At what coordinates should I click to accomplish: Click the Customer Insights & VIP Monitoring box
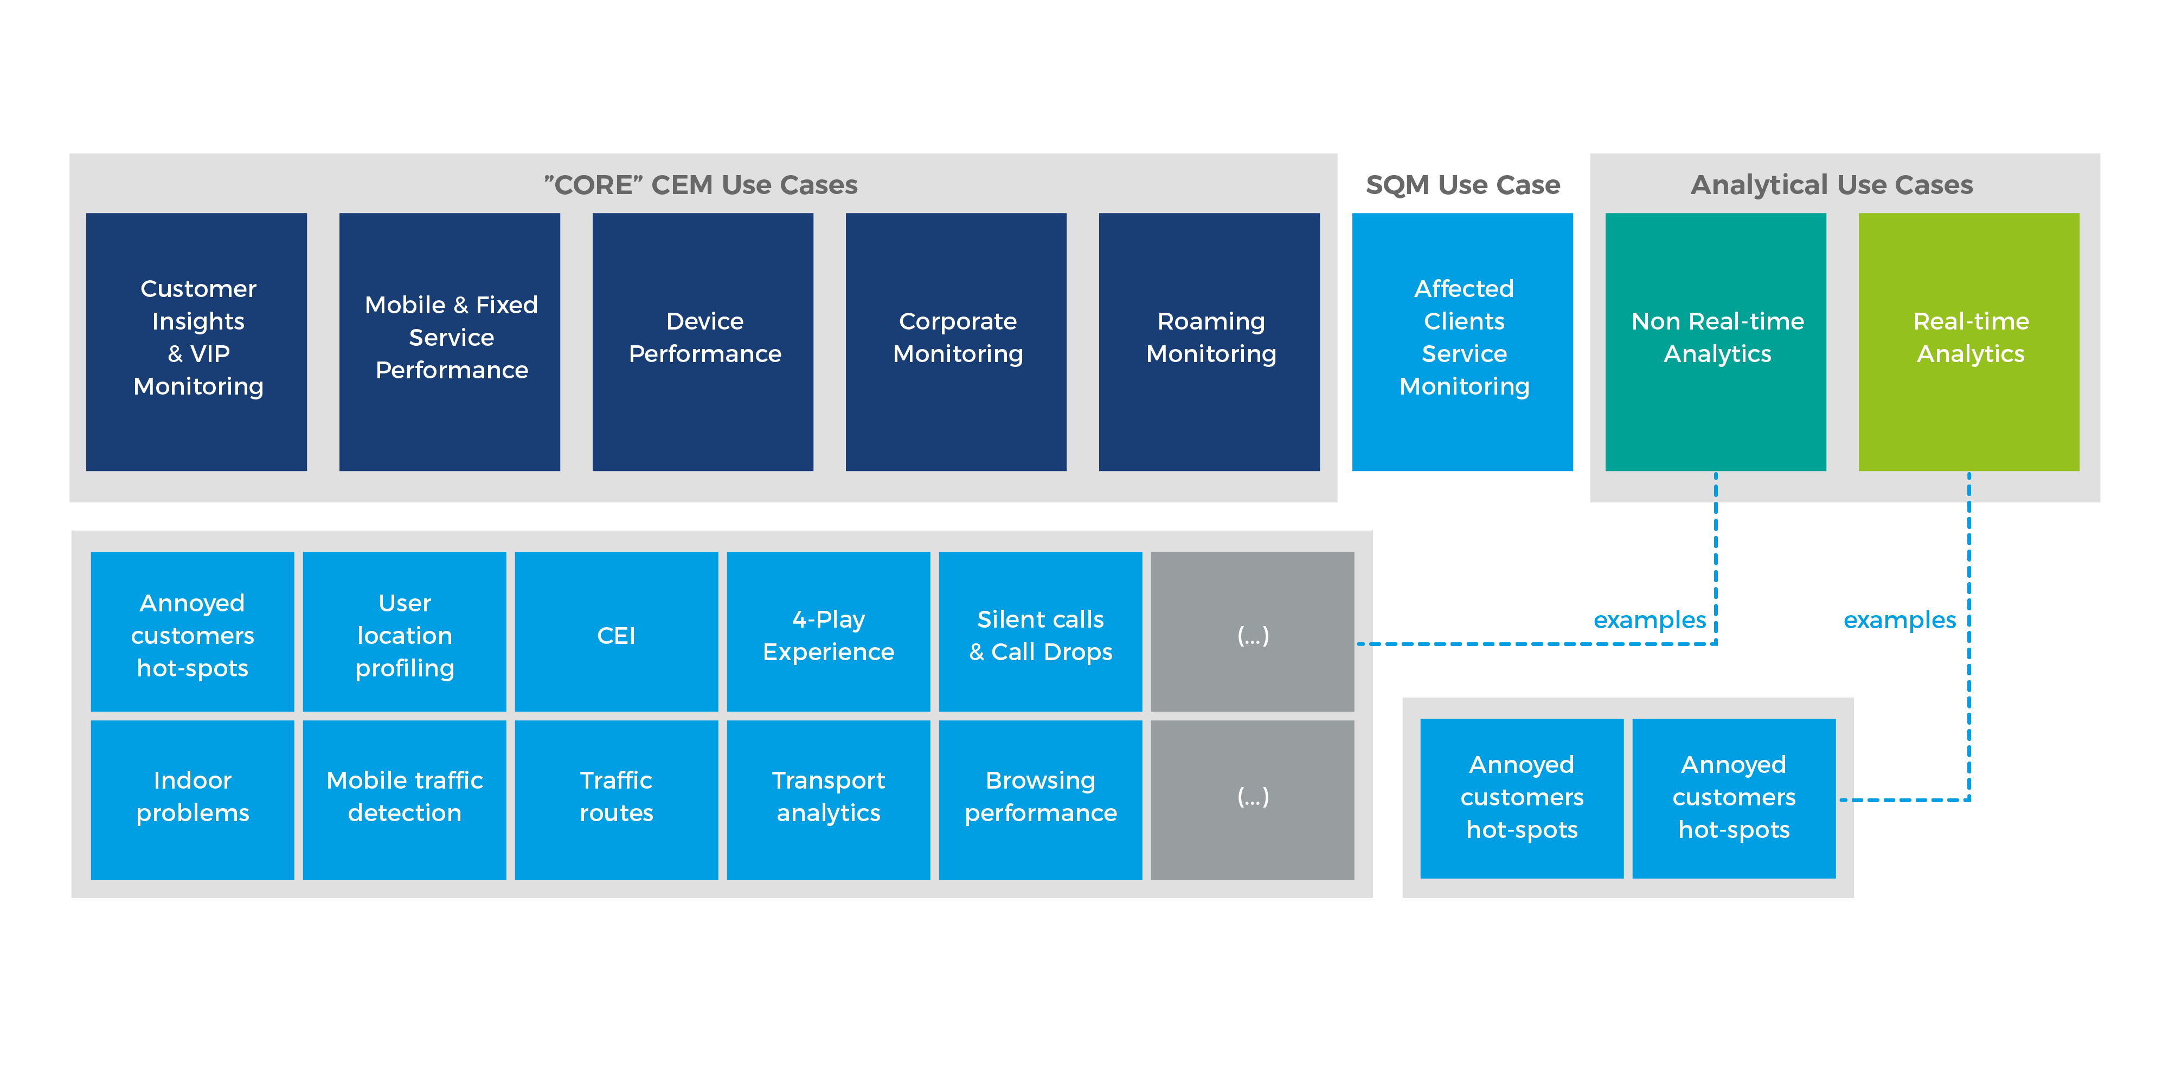[x=196, y=341]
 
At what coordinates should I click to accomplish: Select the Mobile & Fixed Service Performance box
[x=450, y=341]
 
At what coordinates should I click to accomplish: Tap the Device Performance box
[x=703, y=341]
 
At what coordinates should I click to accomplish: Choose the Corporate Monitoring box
[x=957, y=341]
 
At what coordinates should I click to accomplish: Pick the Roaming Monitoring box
[x=1209, y=341]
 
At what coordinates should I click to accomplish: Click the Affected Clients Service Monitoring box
[x=1462, y=341]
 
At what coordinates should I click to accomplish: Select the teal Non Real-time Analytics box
[x=1716, y=341]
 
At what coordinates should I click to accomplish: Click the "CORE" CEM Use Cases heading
[x=701, y=184]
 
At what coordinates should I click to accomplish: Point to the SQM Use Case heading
[x=1462, y=184]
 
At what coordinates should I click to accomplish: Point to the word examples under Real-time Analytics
[x=1900, y=620]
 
